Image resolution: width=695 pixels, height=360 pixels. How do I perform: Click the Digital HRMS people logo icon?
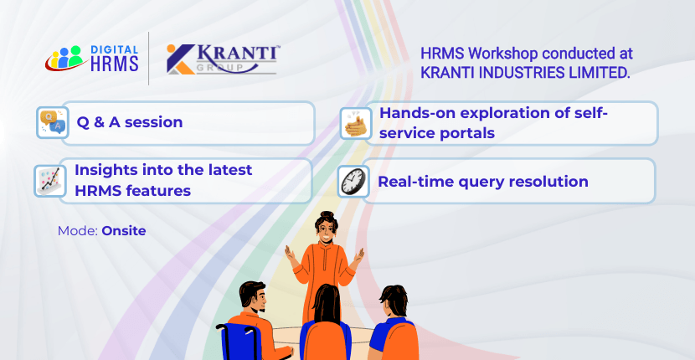tap(64, 58)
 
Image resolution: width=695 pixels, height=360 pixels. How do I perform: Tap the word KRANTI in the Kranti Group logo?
tap(237, 54)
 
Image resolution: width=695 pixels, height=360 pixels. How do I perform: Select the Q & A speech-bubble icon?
tap(52, 122)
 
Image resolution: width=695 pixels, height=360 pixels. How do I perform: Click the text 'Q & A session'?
tap(130, 122)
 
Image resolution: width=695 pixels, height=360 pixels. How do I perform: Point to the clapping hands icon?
tap(356, 123)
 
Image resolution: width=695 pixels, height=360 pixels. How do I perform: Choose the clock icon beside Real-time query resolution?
tap(353, 182)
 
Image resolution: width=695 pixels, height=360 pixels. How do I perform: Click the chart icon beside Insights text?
tap(50, 181)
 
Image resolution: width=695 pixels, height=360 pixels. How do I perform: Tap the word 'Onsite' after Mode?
tap(124, 231)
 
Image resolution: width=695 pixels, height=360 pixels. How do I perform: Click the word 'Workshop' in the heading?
tap(504, 54)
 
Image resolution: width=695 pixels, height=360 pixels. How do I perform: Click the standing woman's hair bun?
tap(327, 215)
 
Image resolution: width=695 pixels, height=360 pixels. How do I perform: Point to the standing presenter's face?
tap(327, 232)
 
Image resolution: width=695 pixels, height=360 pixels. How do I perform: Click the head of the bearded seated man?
tap(252, 297)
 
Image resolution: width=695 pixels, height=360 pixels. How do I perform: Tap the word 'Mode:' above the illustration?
tap(78, 231)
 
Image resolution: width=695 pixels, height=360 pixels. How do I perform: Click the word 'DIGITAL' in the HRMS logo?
tap(115, 50)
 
